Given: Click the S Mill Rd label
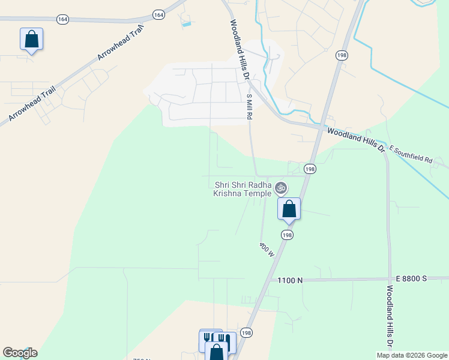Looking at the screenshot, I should pos(249,106).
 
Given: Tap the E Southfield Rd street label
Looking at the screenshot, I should pos(411,154).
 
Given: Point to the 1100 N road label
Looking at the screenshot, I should pos(290,280).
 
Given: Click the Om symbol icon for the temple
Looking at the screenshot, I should pos(280,188).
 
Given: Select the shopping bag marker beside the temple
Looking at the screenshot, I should pos(289,209).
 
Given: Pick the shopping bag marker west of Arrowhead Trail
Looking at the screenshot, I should pos(31,40).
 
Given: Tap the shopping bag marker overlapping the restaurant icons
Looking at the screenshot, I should pos(217,352).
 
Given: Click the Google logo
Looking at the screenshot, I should pos(20,353).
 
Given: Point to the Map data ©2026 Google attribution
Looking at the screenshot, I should pos(412,355).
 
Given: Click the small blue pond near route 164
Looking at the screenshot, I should pos(186,24).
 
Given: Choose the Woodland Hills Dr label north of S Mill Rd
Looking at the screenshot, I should pos(238,50).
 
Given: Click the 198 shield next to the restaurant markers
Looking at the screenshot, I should pos(246,332).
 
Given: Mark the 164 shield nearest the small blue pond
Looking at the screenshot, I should pos(158,14).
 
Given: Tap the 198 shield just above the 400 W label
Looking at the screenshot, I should pos(287,235).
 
